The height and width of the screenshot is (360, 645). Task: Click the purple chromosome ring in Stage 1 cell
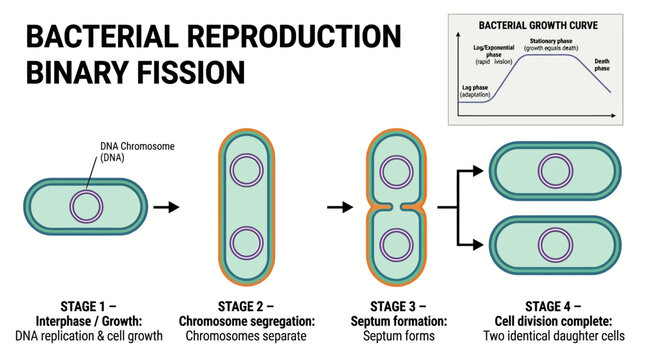click(x=86, y=207)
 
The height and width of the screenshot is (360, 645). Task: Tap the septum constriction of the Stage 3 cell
click(x=393, y=207)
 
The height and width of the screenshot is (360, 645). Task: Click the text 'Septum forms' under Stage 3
click(x=394, y=336)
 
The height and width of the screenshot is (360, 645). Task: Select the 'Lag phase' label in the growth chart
click(x=475, y=87)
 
